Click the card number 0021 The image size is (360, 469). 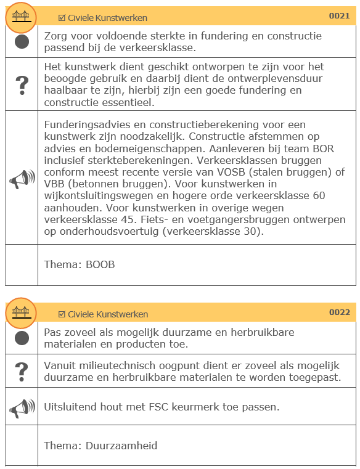[x=339, y=16]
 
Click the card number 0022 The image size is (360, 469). [x=339, y=312]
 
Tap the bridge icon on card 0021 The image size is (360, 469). [x=22, y=16]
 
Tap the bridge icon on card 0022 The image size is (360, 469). [x=22, y=312]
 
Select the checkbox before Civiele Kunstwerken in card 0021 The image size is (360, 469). [x=62, y=18]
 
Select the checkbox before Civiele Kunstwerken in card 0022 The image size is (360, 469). [x=62, y=314]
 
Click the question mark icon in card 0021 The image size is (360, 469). [x=22, y=84]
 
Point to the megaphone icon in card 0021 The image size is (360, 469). [x=22, y=177]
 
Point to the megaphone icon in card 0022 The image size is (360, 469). [x=22, y=407]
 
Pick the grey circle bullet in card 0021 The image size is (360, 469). [x=22, y=41]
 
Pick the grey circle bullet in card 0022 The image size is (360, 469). [x=22, y=338]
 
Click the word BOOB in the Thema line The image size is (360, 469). [x=100, y=264]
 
